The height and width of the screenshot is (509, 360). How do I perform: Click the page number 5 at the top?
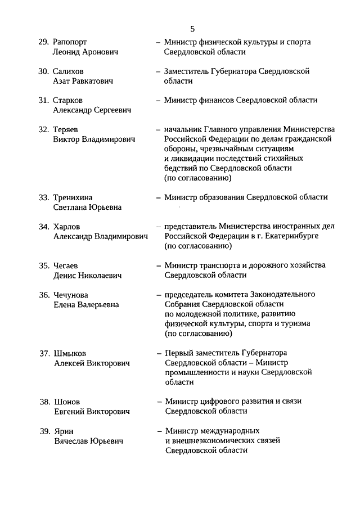193,29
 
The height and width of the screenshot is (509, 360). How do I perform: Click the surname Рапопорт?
70,42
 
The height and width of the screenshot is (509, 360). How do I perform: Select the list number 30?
44,71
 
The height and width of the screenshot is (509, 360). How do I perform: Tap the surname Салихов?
68,71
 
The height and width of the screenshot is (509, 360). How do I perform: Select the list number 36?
44,295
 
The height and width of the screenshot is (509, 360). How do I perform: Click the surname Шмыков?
70,353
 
